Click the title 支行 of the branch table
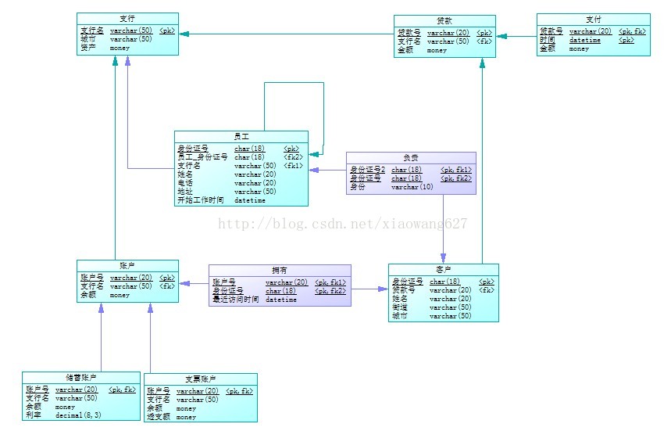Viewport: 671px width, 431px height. pos(127,18)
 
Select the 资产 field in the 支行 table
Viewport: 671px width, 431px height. pos(87,48)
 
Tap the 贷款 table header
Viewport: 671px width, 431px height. pos(444,20)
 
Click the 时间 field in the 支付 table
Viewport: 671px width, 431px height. pos(547,40)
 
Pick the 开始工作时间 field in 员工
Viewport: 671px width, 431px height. pos(201,200)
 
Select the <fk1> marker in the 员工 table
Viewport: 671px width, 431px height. pos(293,166)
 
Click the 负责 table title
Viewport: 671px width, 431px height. pos(411,156)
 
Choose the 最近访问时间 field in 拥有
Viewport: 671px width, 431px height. pos(235,300)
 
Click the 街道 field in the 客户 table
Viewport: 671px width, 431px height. pos(400,307)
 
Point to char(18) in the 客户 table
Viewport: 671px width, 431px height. pos(444,282)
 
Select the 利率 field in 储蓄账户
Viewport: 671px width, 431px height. pos(33,415)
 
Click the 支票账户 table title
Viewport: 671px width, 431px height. pos(200,379)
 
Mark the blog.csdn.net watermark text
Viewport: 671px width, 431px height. pos(342,224)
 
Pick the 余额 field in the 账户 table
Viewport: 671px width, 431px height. pos(87,295)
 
